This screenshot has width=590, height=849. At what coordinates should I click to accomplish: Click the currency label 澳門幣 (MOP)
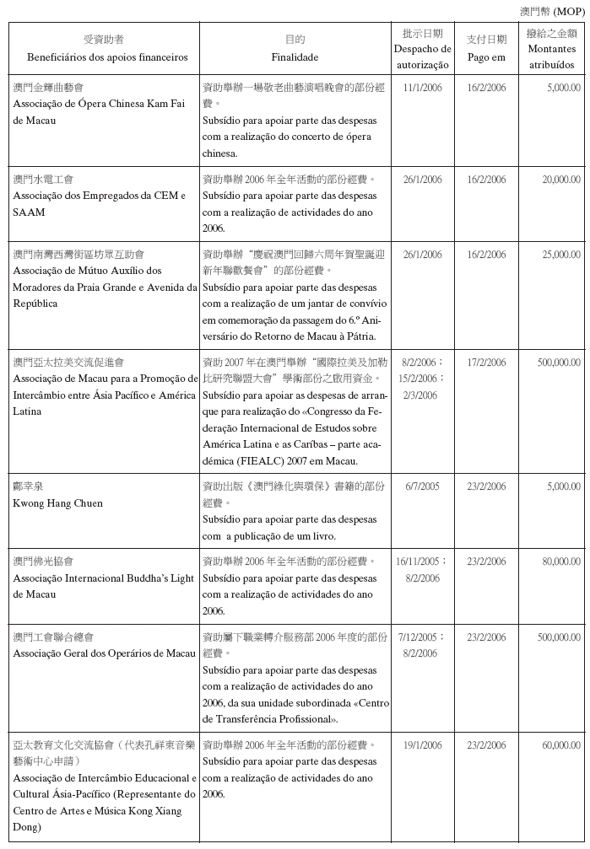click(x=550, y=11)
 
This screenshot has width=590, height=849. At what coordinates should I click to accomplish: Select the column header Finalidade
click(x=295, y=57)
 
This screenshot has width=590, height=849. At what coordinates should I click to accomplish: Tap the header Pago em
click(x=486, y=57)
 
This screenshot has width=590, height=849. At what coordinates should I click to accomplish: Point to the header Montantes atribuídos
click(x=551, y=57)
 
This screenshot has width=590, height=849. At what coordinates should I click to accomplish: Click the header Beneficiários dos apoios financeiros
click(x=104, y=57)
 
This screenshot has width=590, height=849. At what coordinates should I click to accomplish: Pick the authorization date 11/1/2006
click(x=422, y=88)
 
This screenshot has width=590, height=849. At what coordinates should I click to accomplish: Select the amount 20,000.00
click(x=561, y=180)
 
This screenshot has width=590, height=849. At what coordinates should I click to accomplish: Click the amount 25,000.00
click(x=561, y=255)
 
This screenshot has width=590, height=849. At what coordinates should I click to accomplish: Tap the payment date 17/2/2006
click(x=486, y=363)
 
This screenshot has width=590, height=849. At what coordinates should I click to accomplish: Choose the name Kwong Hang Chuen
click(x=58, y=503)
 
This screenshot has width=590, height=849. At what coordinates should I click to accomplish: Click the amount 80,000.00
click(x=561, y=562)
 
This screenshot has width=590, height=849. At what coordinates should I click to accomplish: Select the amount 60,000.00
click(x=561, y=745)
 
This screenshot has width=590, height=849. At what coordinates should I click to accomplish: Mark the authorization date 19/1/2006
click(x=422, y=745)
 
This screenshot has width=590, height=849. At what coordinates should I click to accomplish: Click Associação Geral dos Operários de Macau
click(x=104, y=653)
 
